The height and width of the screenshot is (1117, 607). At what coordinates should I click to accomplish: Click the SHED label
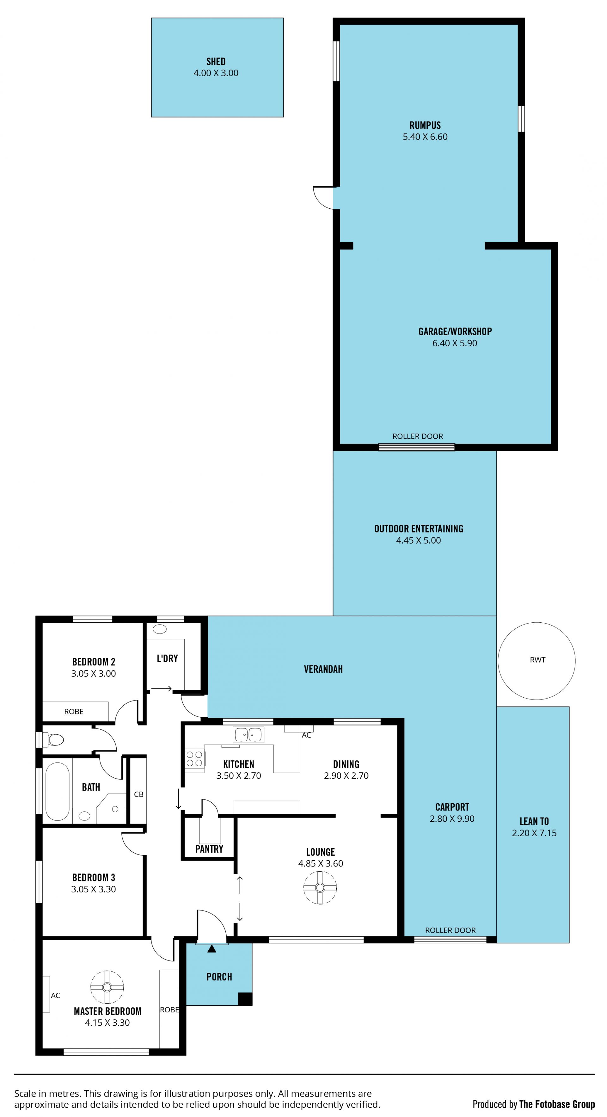(216, 62)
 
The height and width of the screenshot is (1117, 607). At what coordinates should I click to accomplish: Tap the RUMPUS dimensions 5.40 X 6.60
(425, 137)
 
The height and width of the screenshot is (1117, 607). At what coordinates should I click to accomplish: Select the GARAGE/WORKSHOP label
(455, 332)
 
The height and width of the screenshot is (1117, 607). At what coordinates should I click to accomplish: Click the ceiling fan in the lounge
(320, 888)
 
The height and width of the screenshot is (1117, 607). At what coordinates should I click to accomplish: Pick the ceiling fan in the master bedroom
(107, 987)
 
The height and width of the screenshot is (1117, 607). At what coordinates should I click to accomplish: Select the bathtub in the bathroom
(57, 791)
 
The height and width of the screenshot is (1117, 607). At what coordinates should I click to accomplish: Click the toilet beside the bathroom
(53, 739)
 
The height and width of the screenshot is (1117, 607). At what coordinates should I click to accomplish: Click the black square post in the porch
(245, 999)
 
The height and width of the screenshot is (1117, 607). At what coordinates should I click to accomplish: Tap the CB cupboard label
(139, 794)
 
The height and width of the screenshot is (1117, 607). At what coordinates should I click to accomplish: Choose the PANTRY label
(209, 849)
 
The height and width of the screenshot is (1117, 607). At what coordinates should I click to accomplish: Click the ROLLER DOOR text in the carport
(451, 930)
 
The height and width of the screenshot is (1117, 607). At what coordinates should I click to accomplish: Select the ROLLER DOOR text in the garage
(418, 436)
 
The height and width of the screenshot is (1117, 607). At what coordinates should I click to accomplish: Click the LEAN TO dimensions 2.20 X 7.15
(534, 833)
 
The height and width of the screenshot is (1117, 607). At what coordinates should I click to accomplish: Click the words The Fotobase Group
(557, 1104)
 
